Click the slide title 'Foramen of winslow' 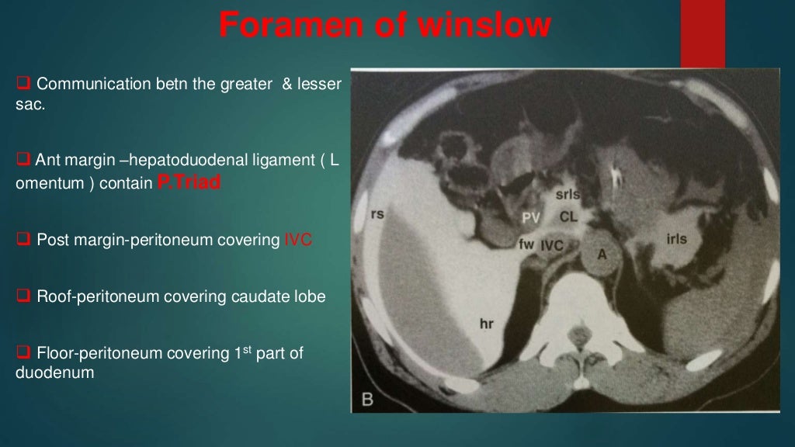point(384,25)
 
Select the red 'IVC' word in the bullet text point(299,240)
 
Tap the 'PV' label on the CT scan point(531,217)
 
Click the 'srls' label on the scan point(568,193)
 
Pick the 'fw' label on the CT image point(526,244)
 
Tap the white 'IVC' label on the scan point(552,244)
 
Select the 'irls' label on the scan point(676,239)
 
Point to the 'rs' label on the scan point(378,213)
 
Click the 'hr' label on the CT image point(486,324)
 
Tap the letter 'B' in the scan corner point(367,401)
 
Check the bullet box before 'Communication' point(23,83)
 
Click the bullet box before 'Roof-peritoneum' point(23,296)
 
